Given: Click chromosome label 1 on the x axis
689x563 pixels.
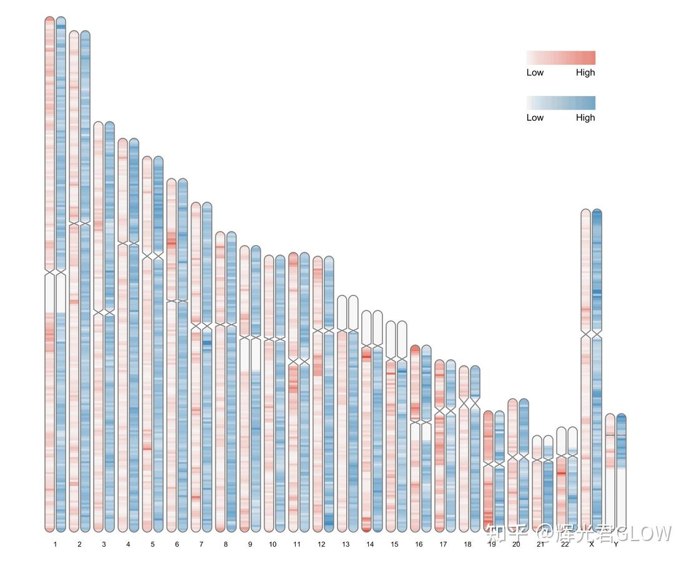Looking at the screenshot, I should [55, 544].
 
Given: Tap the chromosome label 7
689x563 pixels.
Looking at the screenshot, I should [201, 544].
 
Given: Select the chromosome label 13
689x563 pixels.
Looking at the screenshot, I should [346, 544].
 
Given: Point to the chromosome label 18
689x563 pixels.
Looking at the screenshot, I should [467, 544].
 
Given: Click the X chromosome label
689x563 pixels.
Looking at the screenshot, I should [591, 544].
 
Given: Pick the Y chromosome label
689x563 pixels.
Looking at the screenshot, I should [615, 544].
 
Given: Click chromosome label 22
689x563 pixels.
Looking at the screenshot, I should [565, 544].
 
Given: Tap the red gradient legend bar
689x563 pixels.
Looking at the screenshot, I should [560, 58].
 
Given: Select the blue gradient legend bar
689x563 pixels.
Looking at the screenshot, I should [560, 103].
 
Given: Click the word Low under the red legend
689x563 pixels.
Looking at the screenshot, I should [535, 72].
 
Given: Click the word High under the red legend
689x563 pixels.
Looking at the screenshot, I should [585, 72].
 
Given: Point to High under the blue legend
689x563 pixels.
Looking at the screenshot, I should [585, 118].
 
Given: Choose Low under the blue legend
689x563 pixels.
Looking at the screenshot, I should [535, 118].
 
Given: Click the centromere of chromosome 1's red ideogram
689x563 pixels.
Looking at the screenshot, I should [50, 272].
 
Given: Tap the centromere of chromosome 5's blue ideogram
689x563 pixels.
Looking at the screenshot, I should [158, 256].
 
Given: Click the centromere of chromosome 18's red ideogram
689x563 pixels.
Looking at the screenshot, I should [464, 403].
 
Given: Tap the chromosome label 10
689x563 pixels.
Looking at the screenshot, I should [273, 544].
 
